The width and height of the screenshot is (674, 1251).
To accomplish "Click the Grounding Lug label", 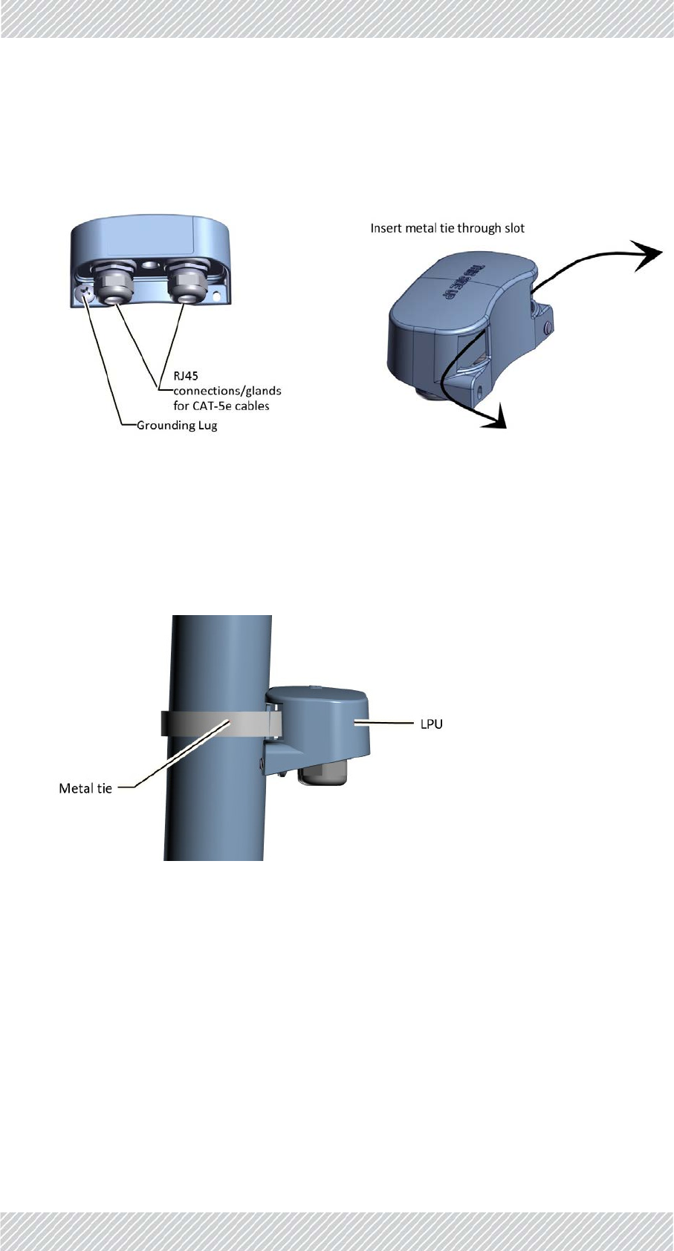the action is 177,426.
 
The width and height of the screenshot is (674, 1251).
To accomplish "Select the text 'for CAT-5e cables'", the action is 221,406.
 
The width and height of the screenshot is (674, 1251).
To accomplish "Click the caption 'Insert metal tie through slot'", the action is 447,228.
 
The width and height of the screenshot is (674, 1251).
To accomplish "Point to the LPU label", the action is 431,724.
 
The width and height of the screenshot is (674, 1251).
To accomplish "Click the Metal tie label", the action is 85,788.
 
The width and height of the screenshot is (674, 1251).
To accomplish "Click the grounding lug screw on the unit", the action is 86,294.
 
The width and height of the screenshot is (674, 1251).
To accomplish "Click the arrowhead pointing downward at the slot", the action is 495,417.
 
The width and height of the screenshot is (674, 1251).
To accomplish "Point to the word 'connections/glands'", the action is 227,391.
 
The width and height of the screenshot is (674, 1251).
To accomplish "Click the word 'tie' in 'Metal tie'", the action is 104,788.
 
